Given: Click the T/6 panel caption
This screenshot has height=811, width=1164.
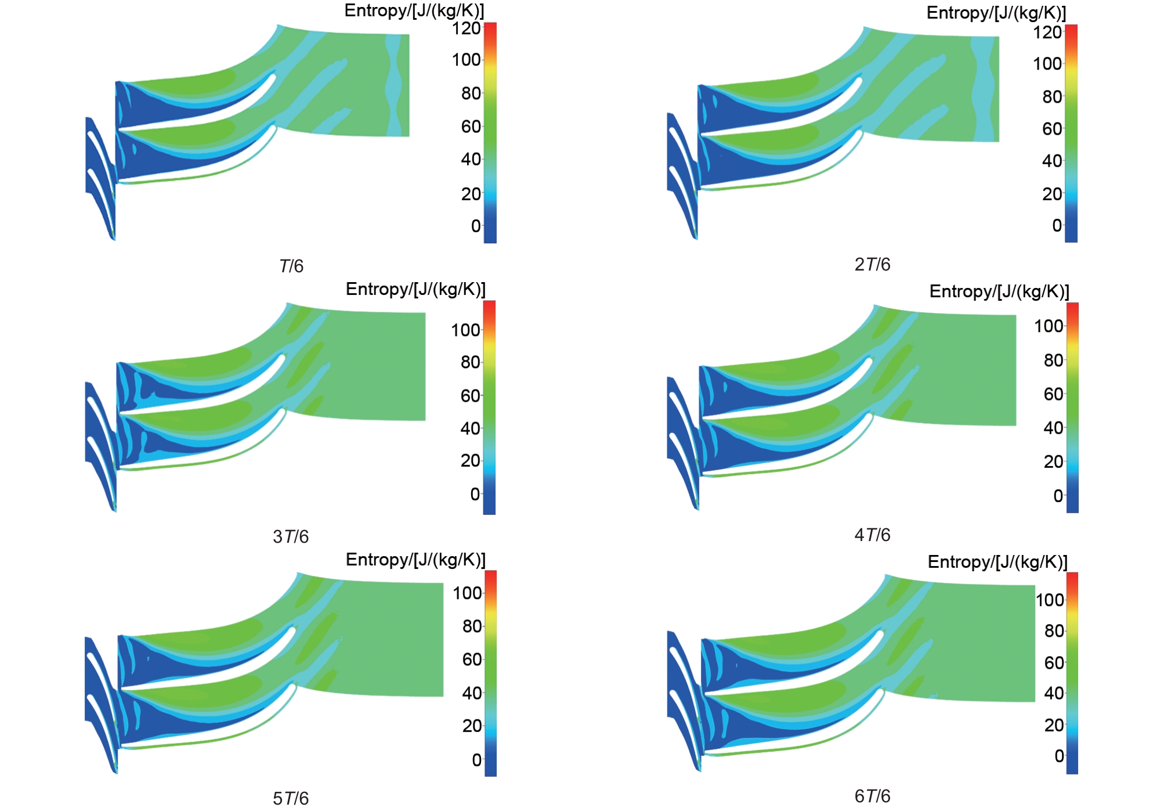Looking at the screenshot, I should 291,266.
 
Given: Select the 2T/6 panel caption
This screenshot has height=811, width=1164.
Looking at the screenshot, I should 872,264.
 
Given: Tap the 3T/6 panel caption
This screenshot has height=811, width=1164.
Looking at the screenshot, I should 291,536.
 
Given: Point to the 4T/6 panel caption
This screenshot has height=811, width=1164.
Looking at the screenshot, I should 872,535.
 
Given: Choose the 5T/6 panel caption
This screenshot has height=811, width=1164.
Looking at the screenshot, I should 291,798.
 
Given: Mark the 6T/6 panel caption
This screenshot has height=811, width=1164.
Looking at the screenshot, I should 872,796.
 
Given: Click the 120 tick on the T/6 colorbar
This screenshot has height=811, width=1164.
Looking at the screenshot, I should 467,28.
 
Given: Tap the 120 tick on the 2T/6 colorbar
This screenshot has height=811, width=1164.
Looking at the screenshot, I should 1047,32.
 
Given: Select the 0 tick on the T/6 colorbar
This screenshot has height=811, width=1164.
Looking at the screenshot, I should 476,226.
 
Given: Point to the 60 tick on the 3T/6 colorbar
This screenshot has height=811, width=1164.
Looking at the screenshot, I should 471,396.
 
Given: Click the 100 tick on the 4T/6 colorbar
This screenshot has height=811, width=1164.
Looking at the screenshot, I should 1049,326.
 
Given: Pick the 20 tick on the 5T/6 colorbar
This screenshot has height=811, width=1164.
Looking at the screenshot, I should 472,726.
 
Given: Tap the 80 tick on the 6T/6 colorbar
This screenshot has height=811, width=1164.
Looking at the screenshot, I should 1054,631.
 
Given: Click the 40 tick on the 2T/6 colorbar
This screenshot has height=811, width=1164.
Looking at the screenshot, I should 1052,161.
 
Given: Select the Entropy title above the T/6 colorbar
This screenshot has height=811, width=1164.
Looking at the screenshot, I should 414,10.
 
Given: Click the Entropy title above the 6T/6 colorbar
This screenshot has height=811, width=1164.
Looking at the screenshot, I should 997,562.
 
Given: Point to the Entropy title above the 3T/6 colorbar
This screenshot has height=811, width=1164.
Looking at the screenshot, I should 415,289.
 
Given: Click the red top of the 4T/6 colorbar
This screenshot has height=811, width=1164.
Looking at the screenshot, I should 1072,308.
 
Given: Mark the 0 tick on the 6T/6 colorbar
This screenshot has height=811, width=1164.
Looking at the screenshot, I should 1059,756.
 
